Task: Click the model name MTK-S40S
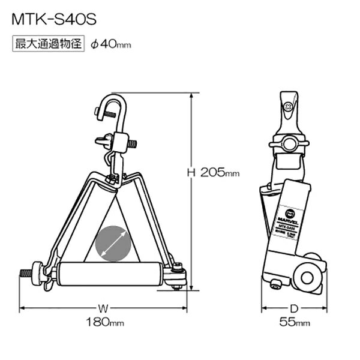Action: coord(53,19)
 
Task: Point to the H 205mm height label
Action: coord(213,173)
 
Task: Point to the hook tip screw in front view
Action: coord(99,112)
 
